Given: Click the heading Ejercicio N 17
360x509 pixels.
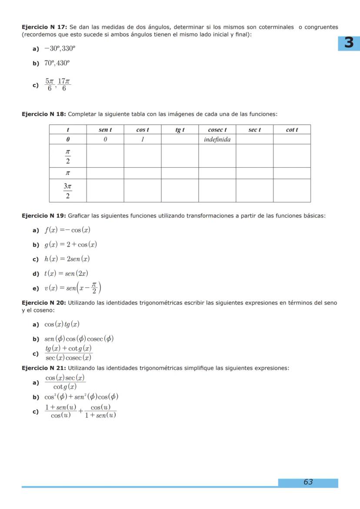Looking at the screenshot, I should click(x=44, y=27).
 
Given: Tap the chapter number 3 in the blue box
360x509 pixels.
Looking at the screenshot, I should click(x=349, y=43).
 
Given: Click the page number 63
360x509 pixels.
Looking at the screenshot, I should click(x=308, y=482).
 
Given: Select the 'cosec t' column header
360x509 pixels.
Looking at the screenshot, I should click(x=217, y=130).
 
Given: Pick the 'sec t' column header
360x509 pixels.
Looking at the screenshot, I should click(x=254, y=130).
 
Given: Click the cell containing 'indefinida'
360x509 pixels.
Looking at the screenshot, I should click(x=217, y=140).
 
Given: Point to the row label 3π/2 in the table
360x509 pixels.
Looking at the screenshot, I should click(x=67, y=191).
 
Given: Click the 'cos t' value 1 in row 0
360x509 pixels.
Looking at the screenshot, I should click(x=142, y=140).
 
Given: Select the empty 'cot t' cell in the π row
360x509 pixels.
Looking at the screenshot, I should click(x=292, y=173).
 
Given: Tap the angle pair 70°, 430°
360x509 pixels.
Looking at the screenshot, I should click(x=57, y=63).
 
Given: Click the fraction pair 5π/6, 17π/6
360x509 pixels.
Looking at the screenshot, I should click(x=58, y=85).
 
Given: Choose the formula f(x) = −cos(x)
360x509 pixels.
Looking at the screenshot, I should click(x=67, y=230).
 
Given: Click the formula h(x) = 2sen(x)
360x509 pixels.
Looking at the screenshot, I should click(x=67, y=259).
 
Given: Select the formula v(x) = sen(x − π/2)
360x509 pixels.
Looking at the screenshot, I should click(x=73, y=288).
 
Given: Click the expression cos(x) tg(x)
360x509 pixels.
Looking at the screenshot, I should click(x=62, y=324).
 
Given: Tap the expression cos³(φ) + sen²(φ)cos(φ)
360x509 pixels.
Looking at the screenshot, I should click(x=81, y=396).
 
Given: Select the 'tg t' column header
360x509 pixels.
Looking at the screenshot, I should click(x=180, y=130).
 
